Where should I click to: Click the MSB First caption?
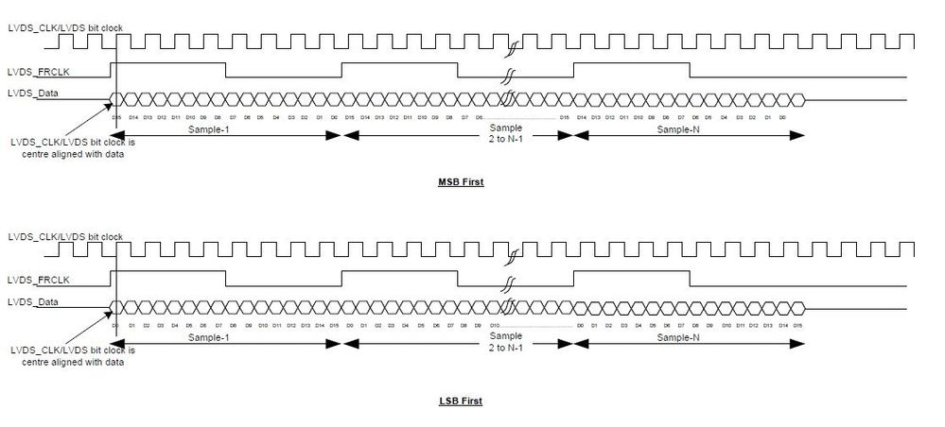(x=462, y=181)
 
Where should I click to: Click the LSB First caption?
(x=462, y=401)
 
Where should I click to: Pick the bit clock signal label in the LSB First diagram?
(x=64, y=235)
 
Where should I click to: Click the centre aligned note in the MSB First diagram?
(x=66, y=149)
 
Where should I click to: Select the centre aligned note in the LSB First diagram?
(x=66, y=356)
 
